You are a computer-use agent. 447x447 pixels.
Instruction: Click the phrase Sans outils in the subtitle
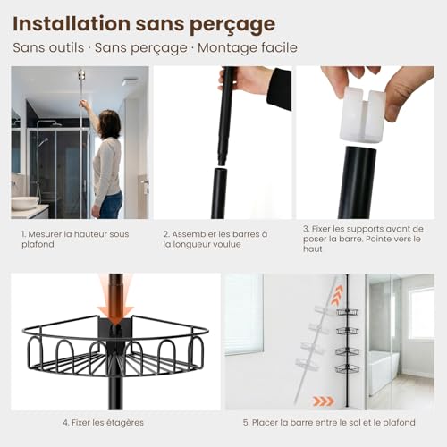pos(47,47)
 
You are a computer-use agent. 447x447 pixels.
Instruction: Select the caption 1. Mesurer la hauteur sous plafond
pos(75,239)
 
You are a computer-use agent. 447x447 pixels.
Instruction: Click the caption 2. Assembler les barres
pos(218,239)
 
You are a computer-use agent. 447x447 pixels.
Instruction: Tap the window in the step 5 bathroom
pos(420,313)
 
